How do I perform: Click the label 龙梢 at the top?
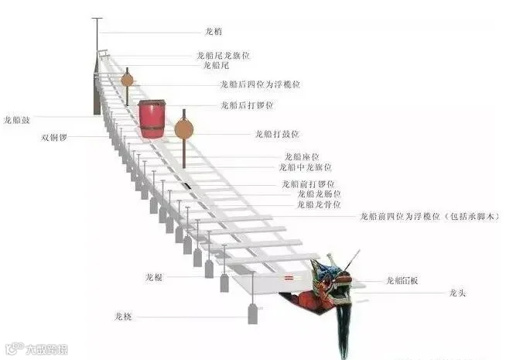point(214,33)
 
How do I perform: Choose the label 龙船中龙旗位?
point(306,167)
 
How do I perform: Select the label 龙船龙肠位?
point(320,194)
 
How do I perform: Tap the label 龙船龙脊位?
point(320,205)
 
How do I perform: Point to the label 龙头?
point(457,293)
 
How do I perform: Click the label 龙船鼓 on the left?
point(17,119)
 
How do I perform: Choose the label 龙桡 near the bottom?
point(123,317)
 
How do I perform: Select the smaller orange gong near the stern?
point(127,79)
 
